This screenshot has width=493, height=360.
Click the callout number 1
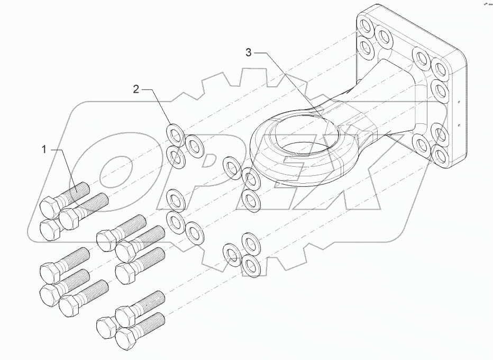(x=45, y=150)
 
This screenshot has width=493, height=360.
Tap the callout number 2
(x=136, y=89)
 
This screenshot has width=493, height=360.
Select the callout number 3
(x=249, y=52)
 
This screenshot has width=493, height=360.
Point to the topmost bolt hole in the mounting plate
(x=364, y=25)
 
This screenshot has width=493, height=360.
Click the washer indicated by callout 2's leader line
(x=174, y=132)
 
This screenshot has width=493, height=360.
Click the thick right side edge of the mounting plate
(x=459, y=106)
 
